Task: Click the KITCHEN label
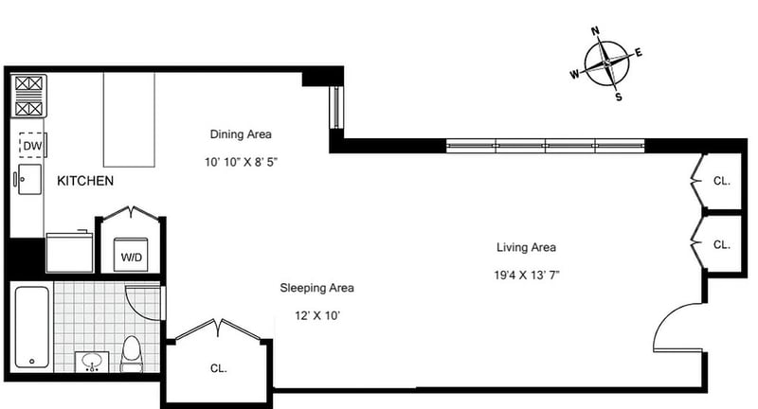pyautogui.click(x=85, y=181)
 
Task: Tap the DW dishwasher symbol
pyautogui.click(x=32, y=146)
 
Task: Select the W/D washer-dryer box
pyautogui.click(x=131, y=254)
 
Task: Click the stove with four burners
pyautogui.click(x=28, y=96)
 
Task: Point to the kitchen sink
pyautogui.click(x=29, y=179)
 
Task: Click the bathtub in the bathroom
pyautogui.click(x=32, y=327)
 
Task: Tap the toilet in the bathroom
pyautogui.click(x=132, y=354)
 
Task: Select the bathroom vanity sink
pyautogui.click(x=92, y=362)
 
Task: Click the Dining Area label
pyautogui.click(x=241, y=134)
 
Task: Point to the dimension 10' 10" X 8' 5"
pyautogui.click(x=241, y=162)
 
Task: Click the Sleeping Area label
pyautogui.click(x=316, y=288)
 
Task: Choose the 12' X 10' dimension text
pyautogui.click(x=317, y=316)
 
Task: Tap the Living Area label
pyautogui.click(x=526, y=247)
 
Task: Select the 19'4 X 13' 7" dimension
pyautogui.click(x=527, y=276)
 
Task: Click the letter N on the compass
pyautogui.click(x=596, y=31)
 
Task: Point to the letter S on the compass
pyautogui.click(x=619, y=97)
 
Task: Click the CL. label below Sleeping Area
pyautogui.click(x=219, y=368)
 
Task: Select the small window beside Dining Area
pyautogui.click(x=336, y=107)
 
